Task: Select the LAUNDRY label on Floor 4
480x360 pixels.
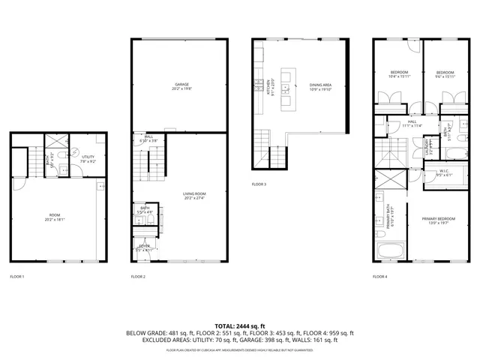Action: [x=430, y=143]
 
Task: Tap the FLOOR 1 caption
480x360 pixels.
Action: [x=17, y=277]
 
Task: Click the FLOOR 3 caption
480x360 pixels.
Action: [x=259, y=184]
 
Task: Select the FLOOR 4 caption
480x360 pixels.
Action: [x=380, y=277]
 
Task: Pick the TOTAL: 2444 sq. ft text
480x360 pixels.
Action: [x=239, y=324]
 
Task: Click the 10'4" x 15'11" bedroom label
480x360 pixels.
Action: [x=399, y=73]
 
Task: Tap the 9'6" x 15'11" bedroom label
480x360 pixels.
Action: [x=445, y=73]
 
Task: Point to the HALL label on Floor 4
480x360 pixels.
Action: [x=412, y=123]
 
